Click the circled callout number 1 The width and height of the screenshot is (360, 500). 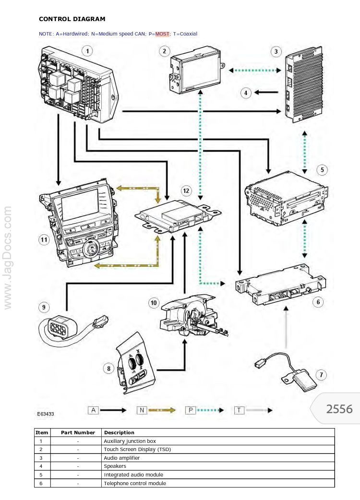point(87,50)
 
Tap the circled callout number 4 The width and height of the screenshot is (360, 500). point(246,93)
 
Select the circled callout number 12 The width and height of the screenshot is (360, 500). point(186,190)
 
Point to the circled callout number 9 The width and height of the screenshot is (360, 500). point(44,307)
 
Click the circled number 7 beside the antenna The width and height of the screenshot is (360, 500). point(322,374)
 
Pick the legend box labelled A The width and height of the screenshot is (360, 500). point(93,410)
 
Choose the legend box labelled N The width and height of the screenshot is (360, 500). point(142,410)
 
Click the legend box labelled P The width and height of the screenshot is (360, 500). point(191,410)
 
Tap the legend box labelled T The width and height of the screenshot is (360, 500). point(239,410)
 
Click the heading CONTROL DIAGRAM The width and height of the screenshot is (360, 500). point(72,19)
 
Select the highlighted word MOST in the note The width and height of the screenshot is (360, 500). point(162,34)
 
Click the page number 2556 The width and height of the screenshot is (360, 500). point(339,409)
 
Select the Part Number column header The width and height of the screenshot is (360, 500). point(78,432)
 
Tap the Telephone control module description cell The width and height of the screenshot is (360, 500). point(135,483)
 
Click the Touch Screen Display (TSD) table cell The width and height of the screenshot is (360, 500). point(137,450)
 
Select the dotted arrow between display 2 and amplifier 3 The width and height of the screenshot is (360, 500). point(254,70)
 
